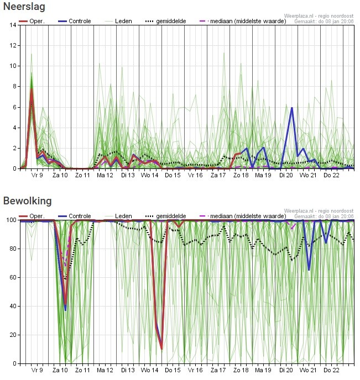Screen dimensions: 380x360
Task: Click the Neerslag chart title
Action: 24,7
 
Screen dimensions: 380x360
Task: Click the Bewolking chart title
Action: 27,200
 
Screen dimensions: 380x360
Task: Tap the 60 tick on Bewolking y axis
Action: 12,277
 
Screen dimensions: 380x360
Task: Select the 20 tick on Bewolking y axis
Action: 12,335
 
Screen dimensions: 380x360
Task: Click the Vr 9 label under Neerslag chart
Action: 37,176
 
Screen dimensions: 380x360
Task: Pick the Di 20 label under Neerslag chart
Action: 285,176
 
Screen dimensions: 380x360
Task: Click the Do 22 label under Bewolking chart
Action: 331,371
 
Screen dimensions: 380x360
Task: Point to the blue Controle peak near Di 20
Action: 292,108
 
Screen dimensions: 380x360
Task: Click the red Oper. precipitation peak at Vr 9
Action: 32,89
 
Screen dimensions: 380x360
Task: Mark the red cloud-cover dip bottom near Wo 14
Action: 161,349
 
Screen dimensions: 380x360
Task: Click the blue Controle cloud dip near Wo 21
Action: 309,270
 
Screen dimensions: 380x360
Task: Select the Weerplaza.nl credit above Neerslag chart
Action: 319,16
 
